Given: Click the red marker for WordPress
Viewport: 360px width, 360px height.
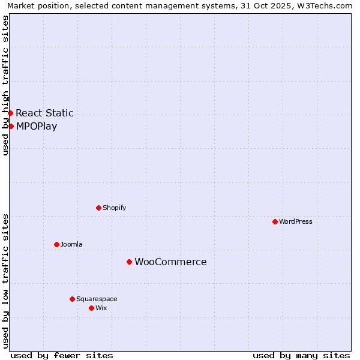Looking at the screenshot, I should (x=275, y=221).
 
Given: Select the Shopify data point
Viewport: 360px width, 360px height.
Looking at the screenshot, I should (x=98, y=208).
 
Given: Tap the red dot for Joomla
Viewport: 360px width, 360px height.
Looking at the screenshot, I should (x=56, y=244).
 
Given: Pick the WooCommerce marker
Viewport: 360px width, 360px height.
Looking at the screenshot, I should (x=129, y=262).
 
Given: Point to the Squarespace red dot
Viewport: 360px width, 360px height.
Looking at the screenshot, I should (x=72, y=299).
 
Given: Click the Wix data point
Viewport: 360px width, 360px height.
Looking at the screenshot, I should (x=91, y=308).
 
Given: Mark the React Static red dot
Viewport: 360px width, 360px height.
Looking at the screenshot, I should (x=10, y=113).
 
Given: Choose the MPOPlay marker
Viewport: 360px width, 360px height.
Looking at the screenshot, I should (x=11, y=126).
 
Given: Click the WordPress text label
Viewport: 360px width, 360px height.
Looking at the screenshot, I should (x=296, y=221).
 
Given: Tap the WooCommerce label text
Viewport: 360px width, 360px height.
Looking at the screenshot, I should (x=170, y=262).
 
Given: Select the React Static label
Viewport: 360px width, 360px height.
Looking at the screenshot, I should (x=44, y=113).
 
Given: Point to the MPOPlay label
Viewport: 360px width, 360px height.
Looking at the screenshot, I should (x=37, y=126).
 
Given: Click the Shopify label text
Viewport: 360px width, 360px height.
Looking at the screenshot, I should (x=114, y=208).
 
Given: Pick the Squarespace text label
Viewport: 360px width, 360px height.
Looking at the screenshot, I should (x=97, y=299).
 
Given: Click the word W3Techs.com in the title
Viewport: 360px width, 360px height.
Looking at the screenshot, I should (x=328, y=5).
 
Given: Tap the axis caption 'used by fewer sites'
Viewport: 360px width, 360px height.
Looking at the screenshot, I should (x=62, y=355).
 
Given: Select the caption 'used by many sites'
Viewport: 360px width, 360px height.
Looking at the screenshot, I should (x=301, y=355).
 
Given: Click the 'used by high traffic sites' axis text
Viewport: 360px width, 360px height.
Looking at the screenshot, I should (x=5, y=85).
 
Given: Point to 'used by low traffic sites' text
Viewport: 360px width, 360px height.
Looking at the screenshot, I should (x=5, y=281).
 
